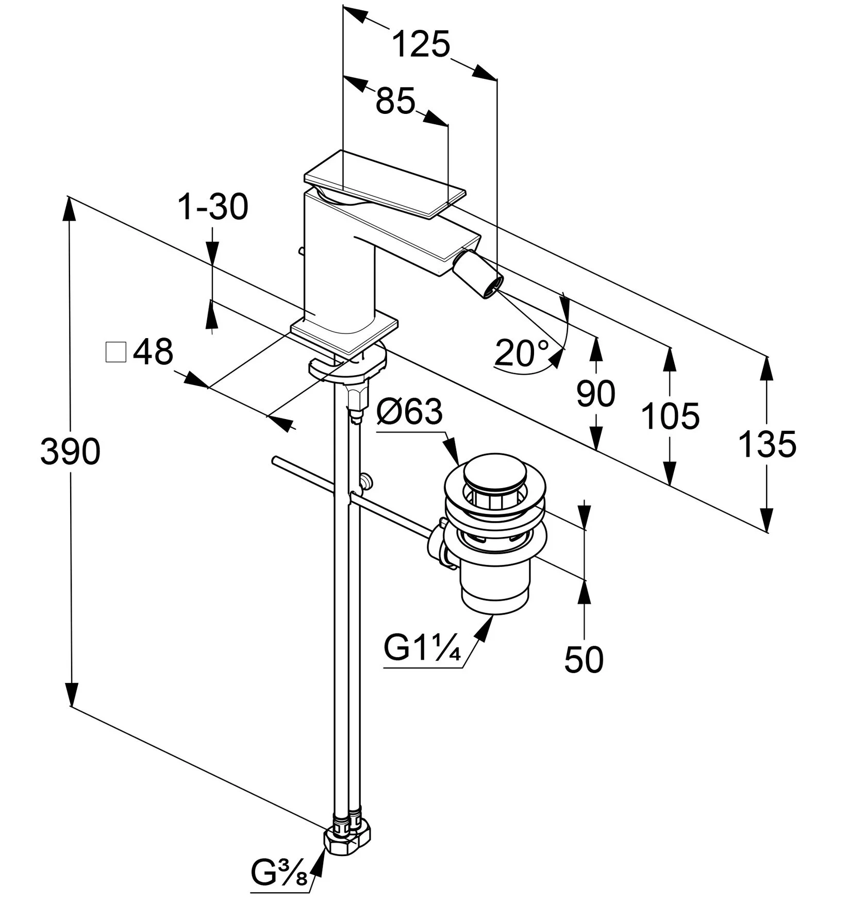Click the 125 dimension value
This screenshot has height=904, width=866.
(421, 44)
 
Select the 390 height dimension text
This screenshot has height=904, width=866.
(70, 452)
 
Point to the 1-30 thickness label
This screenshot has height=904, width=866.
(213, 207)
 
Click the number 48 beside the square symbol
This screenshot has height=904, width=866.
(153, 353)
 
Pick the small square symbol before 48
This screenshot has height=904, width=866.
(115, 353)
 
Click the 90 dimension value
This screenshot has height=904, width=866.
(595, 394)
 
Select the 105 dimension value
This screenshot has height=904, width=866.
(670, 416)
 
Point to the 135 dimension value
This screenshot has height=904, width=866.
(767, 444)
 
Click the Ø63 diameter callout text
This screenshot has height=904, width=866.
(410, 412)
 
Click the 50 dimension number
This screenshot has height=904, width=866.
(584, 659)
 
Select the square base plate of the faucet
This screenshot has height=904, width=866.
(344, 332)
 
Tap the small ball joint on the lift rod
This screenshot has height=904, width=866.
(367, 481)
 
